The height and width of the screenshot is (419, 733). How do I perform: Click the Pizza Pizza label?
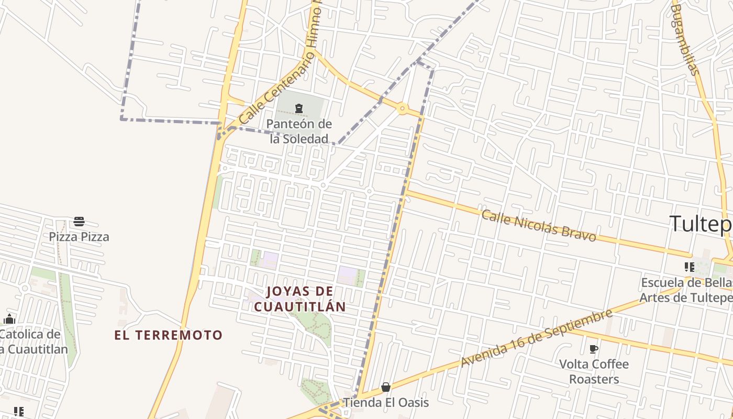tap(79, 237)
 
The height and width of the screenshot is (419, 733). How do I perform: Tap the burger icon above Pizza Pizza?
tap(79, 222)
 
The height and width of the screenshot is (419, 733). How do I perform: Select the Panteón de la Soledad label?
tap(299, 131)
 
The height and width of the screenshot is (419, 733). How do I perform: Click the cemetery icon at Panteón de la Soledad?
tap(298, 108)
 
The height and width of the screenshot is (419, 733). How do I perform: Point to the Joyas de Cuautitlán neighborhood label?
tap(299, 299)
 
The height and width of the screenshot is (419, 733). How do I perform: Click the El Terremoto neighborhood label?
tap(169, 335)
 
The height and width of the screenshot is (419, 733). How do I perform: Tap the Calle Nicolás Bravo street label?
tap(539, 226)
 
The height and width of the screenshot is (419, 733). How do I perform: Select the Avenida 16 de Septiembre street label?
tap(536, 338)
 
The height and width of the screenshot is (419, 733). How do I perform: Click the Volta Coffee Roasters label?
tap(594, 371)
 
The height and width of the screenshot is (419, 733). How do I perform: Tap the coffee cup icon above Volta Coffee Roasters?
tap(594, 349)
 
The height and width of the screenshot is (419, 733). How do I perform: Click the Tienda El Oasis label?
tap(386, 403)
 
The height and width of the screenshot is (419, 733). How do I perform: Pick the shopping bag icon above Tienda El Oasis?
tap(386, 387)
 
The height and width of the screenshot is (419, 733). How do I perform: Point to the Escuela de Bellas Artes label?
tap(686, 290)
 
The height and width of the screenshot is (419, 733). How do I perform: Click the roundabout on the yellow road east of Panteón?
tap(402, 109)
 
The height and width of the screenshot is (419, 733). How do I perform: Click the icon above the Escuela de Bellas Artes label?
tap(690, 267)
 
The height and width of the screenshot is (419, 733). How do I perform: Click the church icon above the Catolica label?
tap(9, 319)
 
